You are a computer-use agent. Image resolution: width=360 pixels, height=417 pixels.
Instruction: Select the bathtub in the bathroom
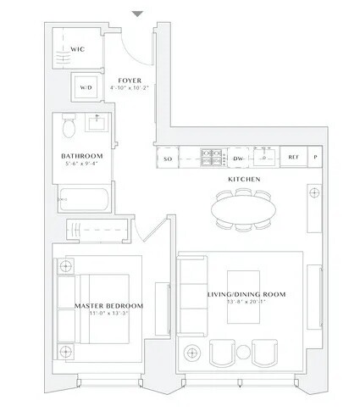[x=80, y=203]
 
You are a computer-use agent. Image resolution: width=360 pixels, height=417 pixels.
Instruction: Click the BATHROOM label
[x=81, y=156]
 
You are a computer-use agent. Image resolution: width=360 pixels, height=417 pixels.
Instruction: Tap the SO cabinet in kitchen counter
[x=168, y=158]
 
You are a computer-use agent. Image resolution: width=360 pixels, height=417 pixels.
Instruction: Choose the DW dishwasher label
[x=239, y=158]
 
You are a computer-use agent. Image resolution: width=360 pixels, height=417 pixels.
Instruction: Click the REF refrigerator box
[x=293, y=158]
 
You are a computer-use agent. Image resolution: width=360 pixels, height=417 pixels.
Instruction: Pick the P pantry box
[x=316, y=158]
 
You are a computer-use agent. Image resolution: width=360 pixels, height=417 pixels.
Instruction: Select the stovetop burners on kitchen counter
[x=209, y=158]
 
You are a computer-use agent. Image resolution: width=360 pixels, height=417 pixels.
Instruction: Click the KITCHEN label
[x=242, y=181]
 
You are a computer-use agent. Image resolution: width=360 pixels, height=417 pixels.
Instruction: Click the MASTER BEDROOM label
[x=108, y=305]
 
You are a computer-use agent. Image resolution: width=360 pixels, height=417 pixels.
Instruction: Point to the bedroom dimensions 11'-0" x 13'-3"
[x=108, y=314]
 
